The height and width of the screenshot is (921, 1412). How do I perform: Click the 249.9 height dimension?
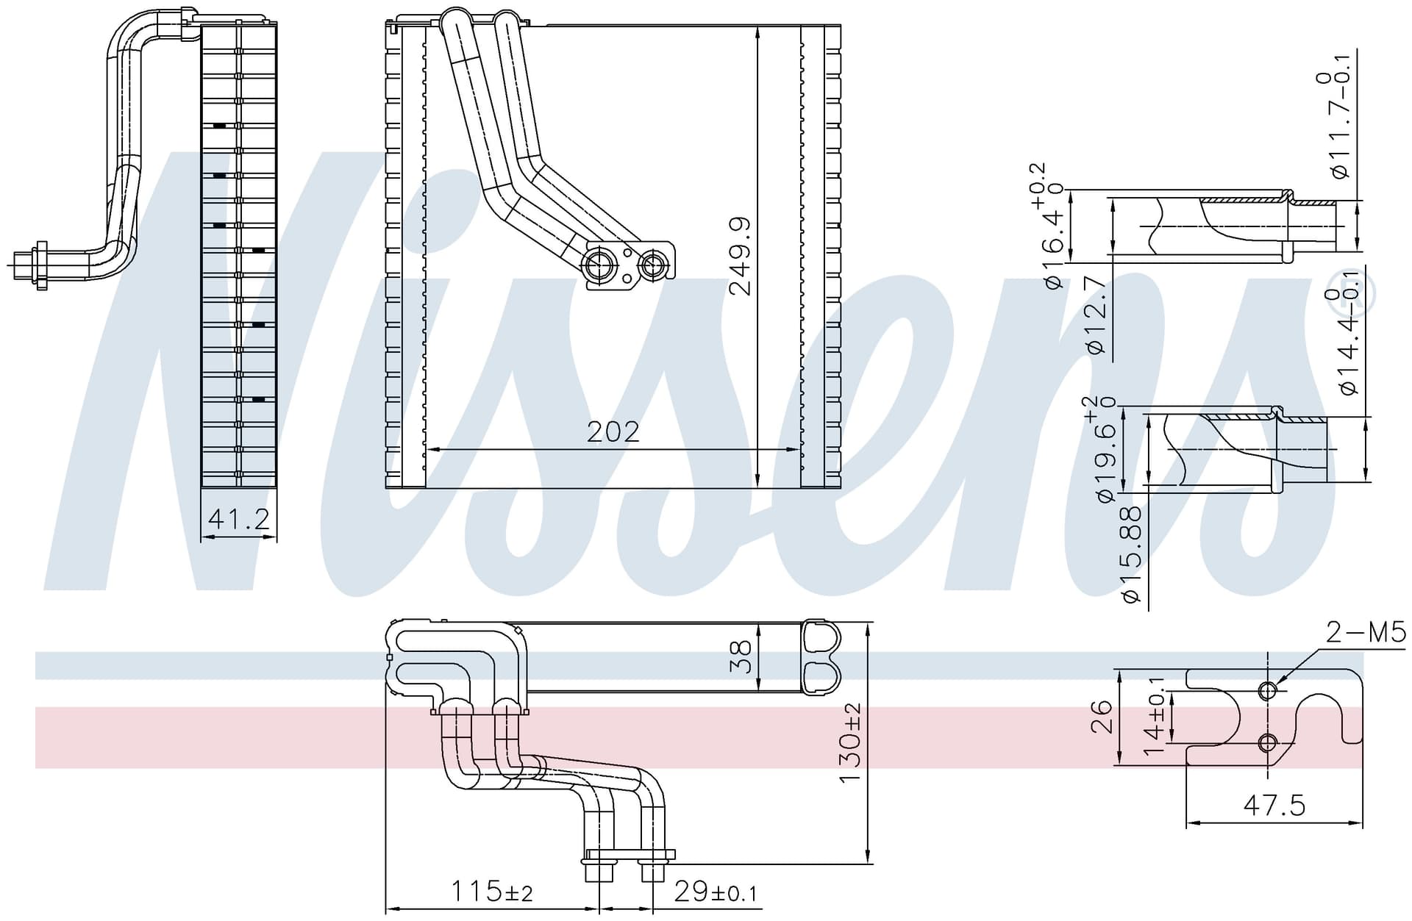[740, 256]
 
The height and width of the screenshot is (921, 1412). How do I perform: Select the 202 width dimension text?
[613, 432]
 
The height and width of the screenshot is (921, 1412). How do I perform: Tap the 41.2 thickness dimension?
[239, 520]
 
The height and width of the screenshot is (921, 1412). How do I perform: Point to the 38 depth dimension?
[741, 656]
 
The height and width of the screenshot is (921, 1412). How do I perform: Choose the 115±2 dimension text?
[491, 892]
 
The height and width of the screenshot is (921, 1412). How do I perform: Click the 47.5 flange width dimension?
[1274, 806]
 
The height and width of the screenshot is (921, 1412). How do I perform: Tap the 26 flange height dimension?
[1101, 716]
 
